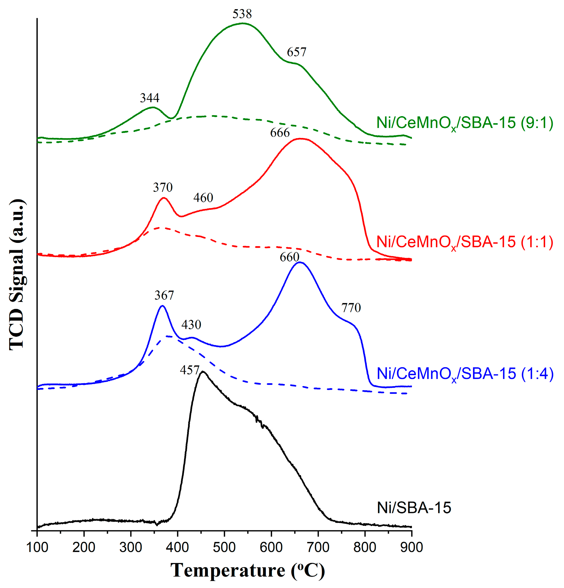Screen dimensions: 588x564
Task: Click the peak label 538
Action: [242, 14]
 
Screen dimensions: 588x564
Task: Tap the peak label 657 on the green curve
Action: [296, 52]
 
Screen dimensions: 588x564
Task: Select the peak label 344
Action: [149, 98]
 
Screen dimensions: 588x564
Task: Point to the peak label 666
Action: [280, 133]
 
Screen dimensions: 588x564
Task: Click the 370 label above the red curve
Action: [163, 187]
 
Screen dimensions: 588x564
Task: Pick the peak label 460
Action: [203, 198]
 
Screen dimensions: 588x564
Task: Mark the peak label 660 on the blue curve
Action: [289, 257]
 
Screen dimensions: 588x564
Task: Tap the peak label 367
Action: [164, 296]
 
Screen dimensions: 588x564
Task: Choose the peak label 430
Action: [191, 325]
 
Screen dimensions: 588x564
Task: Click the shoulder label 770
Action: [351, 308]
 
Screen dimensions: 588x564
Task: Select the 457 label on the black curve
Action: [189, 370]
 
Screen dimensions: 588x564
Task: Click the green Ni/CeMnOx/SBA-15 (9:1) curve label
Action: [464, 123]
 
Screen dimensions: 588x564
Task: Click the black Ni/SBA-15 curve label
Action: [414, 508]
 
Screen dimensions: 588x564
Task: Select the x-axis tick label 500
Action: [224, 547]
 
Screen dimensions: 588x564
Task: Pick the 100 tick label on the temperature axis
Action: [37, 547]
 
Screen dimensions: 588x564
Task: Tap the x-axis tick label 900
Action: [411, 547]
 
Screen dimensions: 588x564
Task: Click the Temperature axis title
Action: [248, 571]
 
